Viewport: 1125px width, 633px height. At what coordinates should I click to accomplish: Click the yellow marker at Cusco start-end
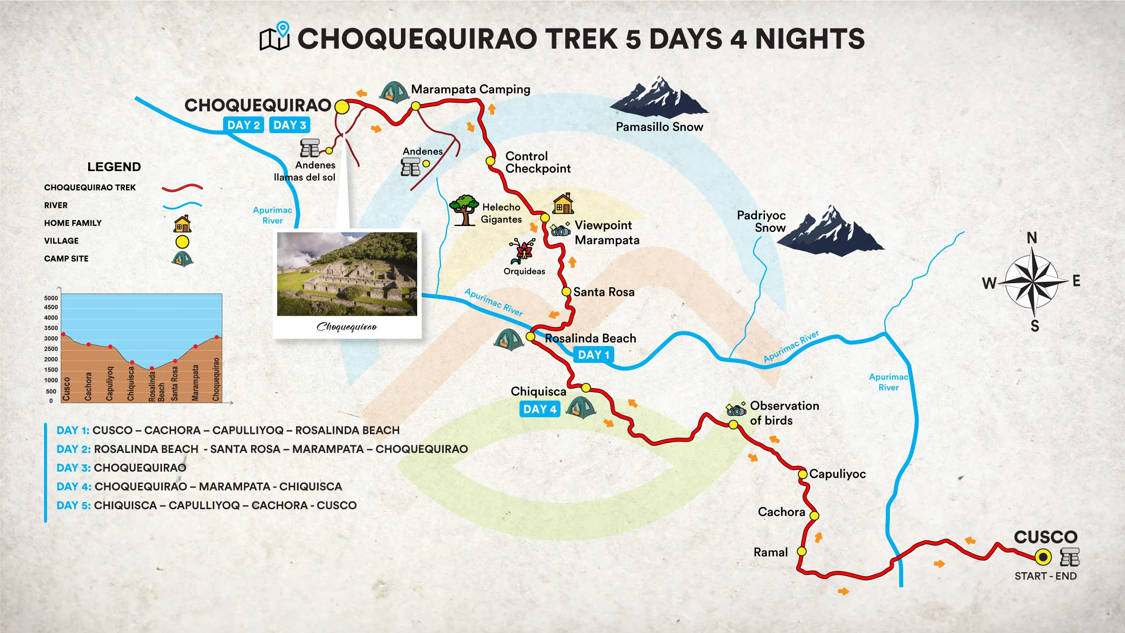click(1043, 557)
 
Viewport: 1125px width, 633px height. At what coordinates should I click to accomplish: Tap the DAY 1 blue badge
click(594, 355)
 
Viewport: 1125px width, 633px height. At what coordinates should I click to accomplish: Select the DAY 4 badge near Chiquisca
click(540, 409)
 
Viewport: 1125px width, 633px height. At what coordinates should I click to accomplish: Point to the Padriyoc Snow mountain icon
click(830, 231)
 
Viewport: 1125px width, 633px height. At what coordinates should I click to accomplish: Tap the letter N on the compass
click(1032, 238)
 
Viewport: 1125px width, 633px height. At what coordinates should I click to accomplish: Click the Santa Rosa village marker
click(567, 292)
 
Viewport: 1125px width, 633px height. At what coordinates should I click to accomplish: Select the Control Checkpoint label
click(538, 163)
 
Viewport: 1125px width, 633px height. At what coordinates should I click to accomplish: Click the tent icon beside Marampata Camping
click(394, 92)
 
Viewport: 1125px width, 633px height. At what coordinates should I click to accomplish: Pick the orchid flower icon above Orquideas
click(523, 251)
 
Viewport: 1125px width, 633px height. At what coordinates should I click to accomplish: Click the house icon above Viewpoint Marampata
click(563, 203)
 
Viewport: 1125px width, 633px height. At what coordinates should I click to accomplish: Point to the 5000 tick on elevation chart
click(51, 298)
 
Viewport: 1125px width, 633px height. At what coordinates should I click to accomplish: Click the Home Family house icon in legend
click(182, 224)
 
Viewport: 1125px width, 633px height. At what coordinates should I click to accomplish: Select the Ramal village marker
click(801, 551)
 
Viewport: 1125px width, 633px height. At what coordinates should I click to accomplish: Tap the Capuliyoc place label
click(837, 474)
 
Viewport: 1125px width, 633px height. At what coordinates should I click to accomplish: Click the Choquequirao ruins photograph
click(347, 274)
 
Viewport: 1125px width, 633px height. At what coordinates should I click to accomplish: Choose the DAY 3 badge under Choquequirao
click(290, 125)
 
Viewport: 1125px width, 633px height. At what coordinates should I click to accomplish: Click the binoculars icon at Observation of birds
click(736, 410)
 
